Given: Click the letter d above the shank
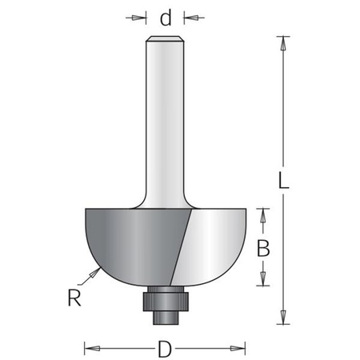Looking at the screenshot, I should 166,17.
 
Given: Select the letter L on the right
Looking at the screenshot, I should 284,182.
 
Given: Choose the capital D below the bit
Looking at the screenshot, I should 166,349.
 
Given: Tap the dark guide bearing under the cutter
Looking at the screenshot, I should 166,298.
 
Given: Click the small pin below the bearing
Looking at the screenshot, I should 166,315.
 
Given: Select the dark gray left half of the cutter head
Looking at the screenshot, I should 128,240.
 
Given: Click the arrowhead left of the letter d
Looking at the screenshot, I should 144,17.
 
